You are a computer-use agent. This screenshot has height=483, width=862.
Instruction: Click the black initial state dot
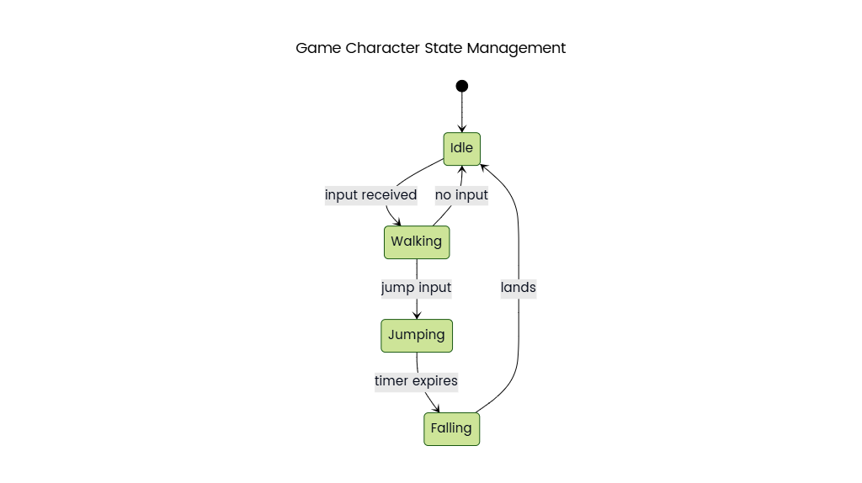point(461,86)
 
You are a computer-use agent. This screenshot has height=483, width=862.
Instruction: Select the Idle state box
point(461,148)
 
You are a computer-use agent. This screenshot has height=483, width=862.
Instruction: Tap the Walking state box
point(417,242)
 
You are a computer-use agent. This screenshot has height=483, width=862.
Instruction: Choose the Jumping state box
point(417,335)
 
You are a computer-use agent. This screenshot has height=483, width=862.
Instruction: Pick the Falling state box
point(451,428)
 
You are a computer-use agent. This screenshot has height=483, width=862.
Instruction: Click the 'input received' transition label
point(370,195)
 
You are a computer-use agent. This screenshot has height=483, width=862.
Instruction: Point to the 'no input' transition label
point(461,195)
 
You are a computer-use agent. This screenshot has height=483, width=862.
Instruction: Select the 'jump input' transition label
point(416,288)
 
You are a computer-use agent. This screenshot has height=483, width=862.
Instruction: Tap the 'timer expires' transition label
point(416,381)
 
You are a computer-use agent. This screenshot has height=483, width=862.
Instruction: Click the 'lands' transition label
point(518,288)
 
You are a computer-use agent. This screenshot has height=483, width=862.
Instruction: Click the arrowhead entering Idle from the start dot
point(461,128)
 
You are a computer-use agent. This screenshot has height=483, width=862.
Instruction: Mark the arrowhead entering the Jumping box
point(417,315)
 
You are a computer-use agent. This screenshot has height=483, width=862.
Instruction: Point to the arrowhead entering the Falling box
point(435,408)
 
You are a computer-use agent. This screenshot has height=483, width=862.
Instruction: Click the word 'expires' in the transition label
point(434,381)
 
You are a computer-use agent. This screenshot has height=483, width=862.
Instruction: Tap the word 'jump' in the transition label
point(396,288)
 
